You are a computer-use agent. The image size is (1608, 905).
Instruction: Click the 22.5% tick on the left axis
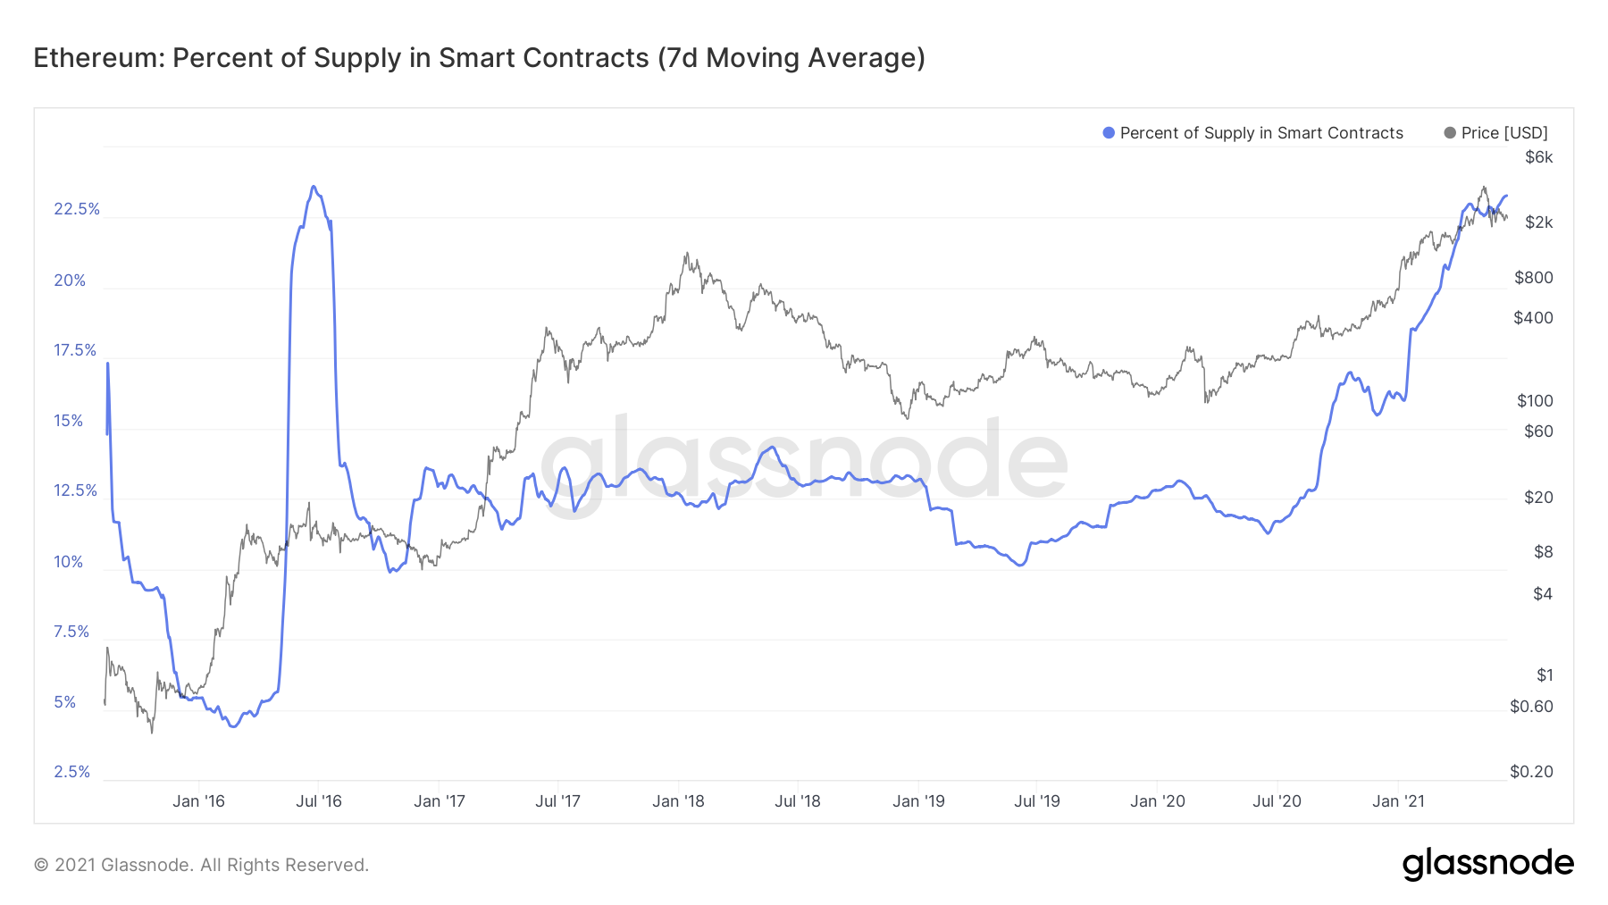tap(77, 209)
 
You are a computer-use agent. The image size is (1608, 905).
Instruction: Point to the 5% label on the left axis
tap(65, 702)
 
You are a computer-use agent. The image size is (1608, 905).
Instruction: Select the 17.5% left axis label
tap(75, 350)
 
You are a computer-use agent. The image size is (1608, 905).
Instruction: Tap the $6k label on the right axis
tap(1538, 157)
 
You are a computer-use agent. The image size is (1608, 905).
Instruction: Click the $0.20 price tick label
tap(1531, 772)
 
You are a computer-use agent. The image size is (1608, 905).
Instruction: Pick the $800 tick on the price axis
tap(1534, 278)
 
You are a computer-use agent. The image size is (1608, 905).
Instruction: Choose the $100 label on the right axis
tap(1535, 401)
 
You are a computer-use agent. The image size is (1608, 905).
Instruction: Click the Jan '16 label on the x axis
tap(198, 801)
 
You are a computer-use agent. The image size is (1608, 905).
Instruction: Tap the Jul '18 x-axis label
tap(797, 801)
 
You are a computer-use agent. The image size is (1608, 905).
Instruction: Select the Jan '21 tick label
tap(1398, 801)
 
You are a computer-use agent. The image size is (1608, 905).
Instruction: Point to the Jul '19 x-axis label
tap(1036, 801)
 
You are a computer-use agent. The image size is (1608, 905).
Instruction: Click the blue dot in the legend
tap(1109, 133)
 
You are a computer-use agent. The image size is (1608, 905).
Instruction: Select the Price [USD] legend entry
tap(1504, 133)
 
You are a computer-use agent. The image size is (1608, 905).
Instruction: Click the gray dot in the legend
tap(1450, 133)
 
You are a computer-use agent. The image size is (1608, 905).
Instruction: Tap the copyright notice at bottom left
tap(201, 865)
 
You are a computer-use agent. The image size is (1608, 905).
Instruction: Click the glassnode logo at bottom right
tap(1487, 864)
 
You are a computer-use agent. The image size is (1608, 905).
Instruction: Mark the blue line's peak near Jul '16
tap(313, 187)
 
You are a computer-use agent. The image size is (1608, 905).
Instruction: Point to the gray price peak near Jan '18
tap(686, 253)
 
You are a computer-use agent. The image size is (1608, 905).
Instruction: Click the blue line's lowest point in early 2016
tap(233, 726)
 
